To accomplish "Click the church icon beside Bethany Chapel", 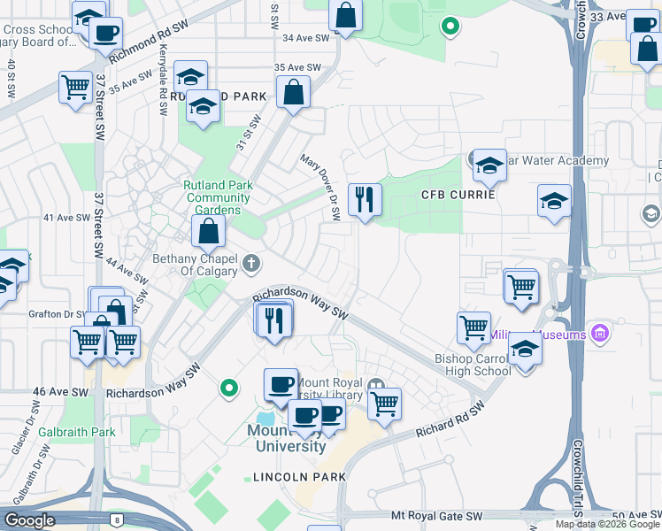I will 252,263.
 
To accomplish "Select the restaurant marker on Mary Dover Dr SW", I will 364,200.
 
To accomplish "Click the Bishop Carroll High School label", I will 473,365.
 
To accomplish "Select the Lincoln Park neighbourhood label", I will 299,476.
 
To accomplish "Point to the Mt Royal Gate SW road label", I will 437,514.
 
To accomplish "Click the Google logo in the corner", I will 29,520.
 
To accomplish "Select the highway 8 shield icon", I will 117,519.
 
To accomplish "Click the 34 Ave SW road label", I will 305,38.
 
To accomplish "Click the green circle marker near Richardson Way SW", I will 229,387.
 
